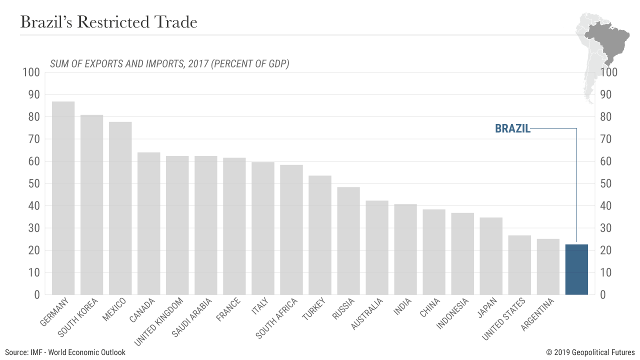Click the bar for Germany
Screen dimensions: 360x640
tap(63, 198)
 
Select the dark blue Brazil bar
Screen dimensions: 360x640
tap(576, 269)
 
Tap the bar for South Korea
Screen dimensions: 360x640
tap(91, 204)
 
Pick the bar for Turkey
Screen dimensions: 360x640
tap(320, 235)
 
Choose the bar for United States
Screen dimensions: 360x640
tap(519, 265)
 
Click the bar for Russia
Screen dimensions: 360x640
tap(348, 240)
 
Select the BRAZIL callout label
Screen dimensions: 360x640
tap(512, 128)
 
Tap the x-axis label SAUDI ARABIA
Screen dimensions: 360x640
tap(192, 317)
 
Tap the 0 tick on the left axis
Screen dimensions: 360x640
tap(36, 294)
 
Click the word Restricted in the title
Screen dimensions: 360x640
tap(117, 22)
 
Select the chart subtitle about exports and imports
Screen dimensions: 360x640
tap(169, 64)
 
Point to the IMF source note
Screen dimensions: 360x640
tap(65, 352)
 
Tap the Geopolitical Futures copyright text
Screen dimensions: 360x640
tap(590, 352)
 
